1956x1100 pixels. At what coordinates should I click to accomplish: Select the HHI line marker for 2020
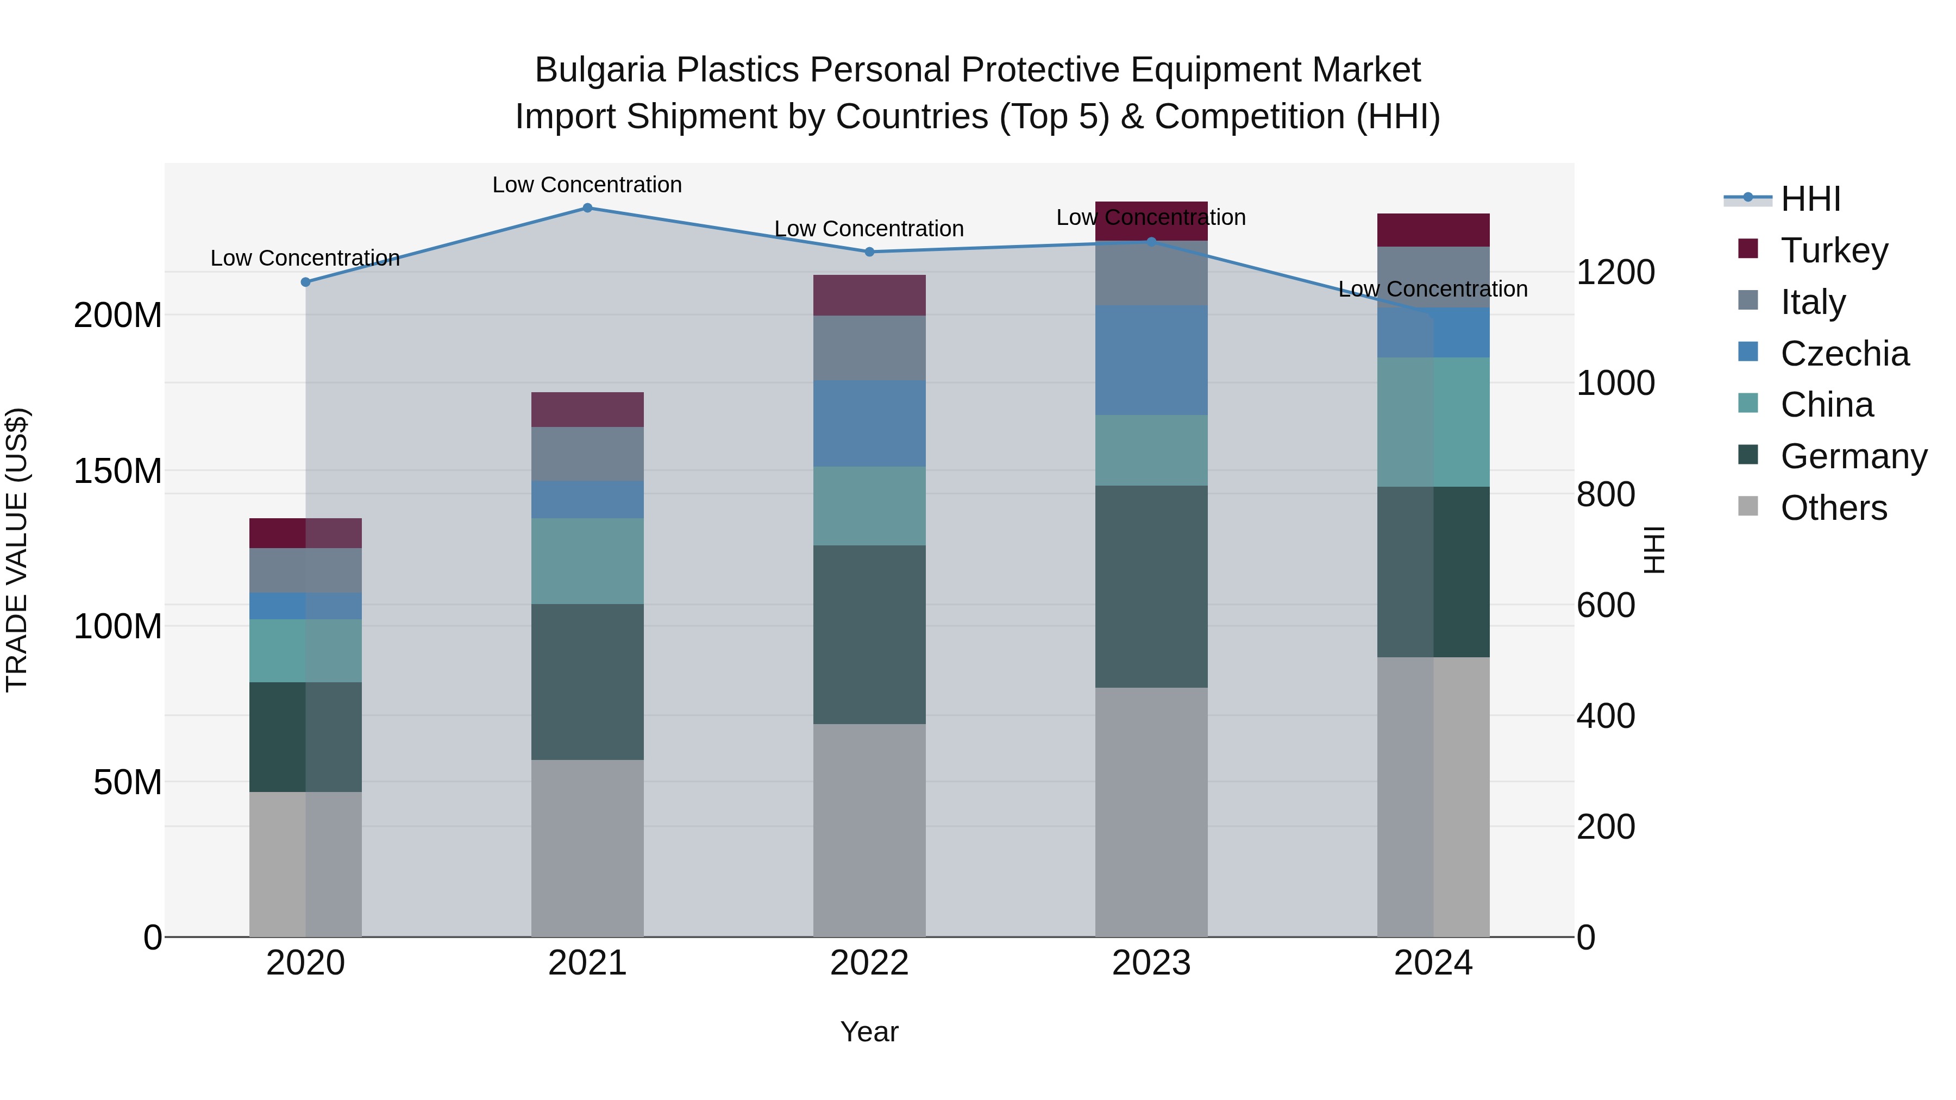[x=305, y=281]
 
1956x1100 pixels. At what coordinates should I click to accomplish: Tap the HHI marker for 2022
[x=869, y=252]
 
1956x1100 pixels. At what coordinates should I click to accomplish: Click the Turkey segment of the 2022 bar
[x=869, y=296]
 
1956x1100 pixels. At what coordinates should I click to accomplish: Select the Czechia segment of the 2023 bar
[x=1151, y=361]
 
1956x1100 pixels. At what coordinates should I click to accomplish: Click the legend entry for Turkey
[x=1833, y=250]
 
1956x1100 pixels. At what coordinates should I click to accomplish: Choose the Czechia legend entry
[x=1844, y=354]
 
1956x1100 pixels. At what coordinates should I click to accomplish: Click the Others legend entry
[x=1833, y=508]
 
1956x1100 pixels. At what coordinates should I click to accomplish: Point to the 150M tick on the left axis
[x=118, y=472]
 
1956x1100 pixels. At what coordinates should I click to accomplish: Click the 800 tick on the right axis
[x=1605, y=494]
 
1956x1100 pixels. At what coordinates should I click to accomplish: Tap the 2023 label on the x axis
[x=1151, y=963]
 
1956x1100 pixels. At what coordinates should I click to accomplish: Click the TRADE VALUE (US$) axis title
[x=17, y=550]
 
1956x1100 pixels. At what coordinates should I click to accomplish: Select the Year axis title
[x=869, y=1032]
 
